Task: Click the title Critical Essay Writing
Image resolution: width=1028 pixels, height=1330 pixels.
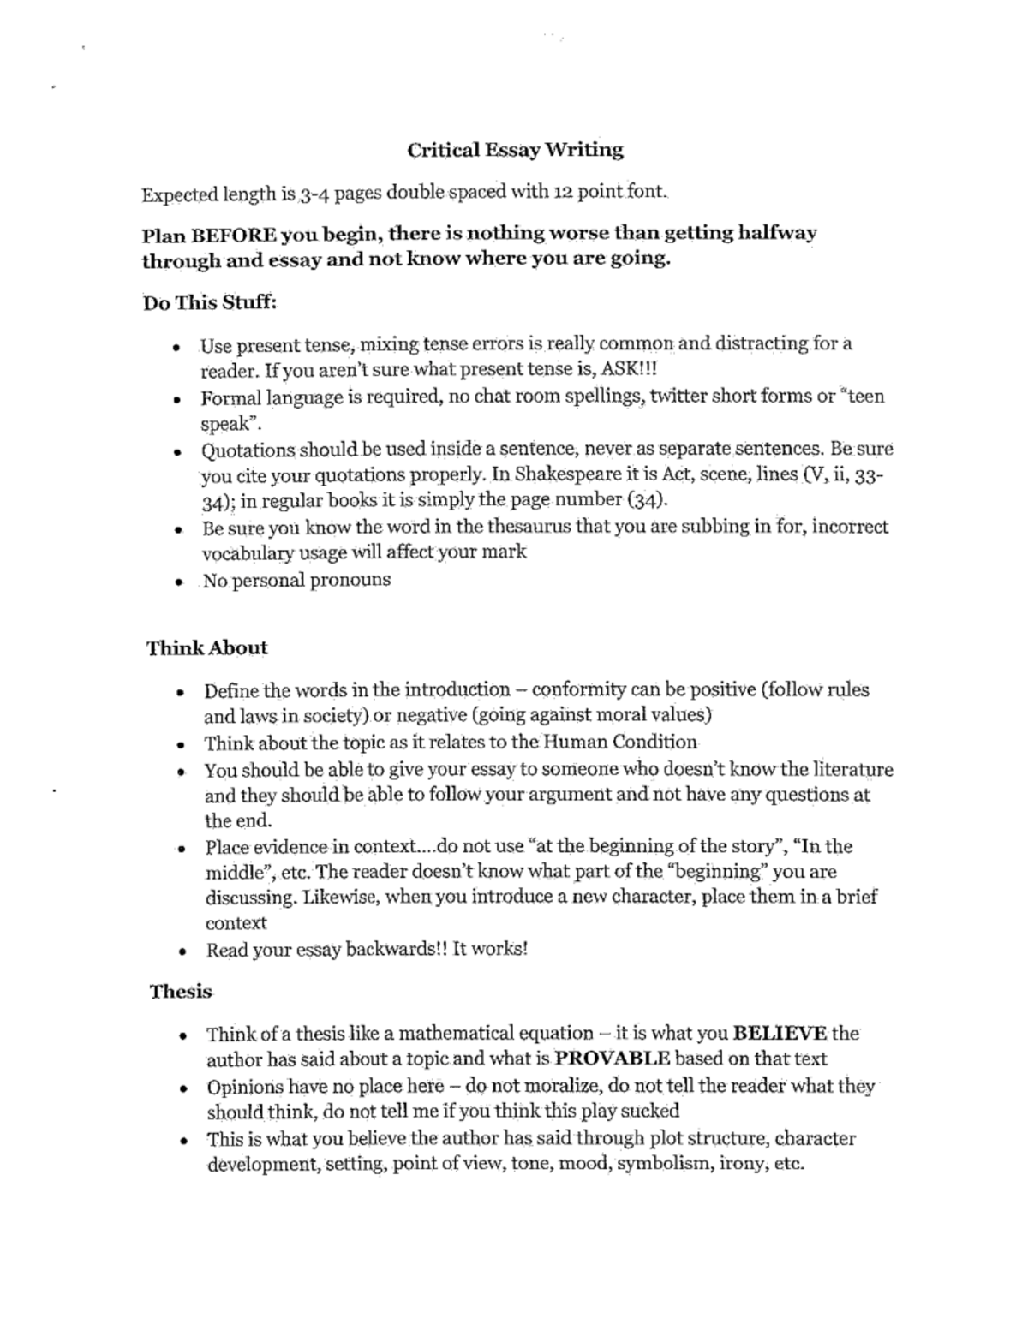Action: (x=515, y=151)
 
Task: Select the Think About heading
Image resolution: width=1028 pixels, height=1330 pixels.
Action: (x=207, y=647)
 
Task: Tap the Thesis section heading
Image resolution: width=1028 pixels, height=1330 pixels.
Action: (x=181, y=992)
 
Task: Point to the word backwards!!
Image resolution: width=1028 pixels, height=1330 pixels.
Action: (x=395, y=950)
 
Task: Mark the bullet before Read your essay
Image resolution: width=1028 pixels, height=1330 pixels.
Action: (x=182, y=951)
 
